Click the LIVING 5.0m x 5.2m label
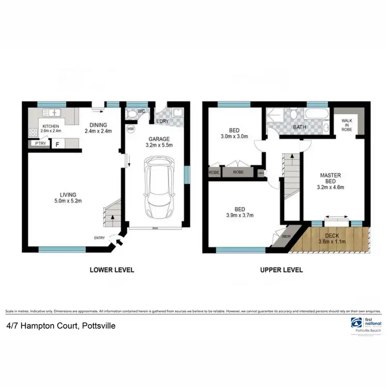[x=69, y=198]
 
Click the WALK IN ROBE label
[x=346, y=125]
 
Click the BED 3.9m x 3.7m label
[x=239, y=212]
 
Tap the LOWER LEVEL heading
[x=112, y=269]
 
